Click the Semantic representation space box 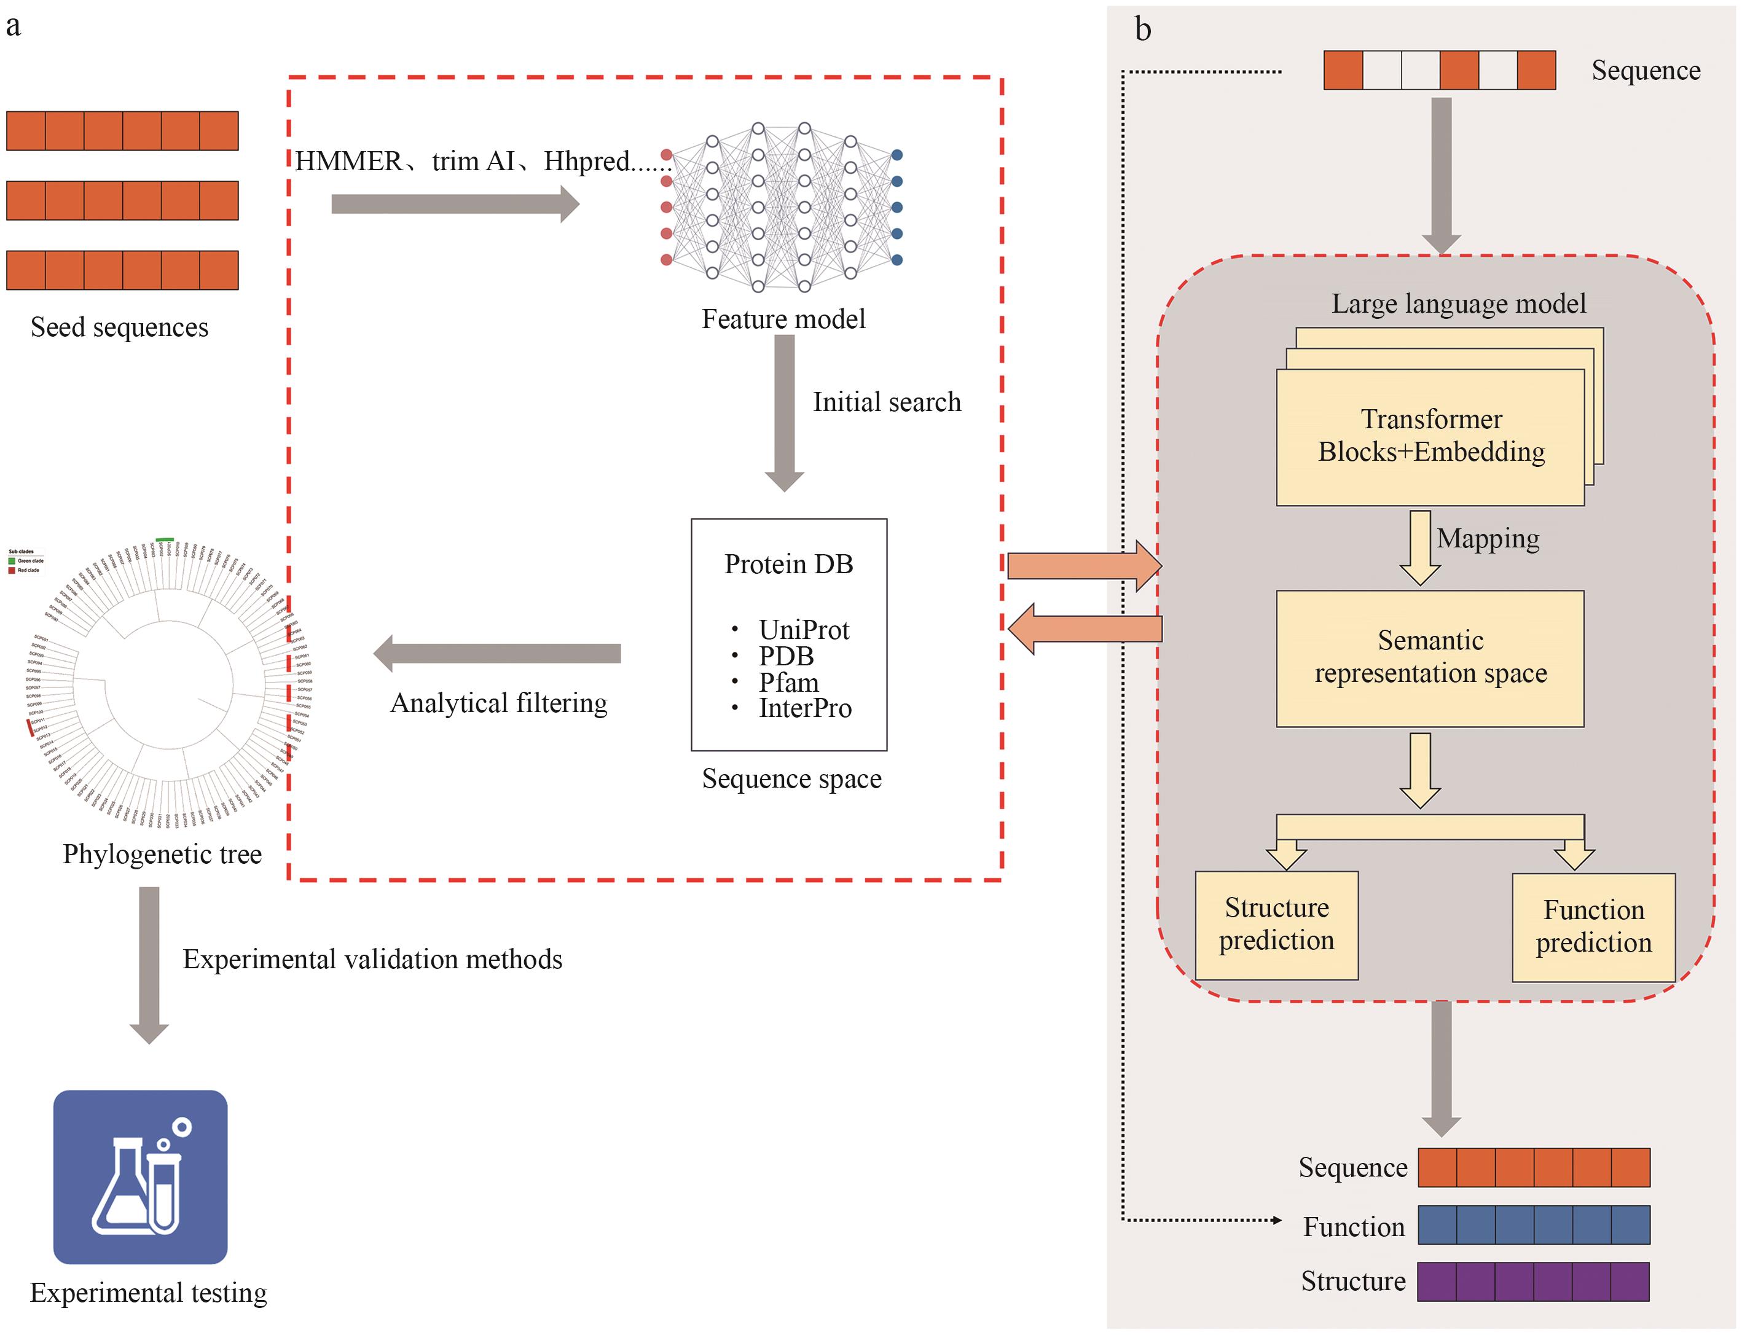click(x=1430, y=657)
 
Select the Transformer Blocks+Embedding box click(x=1430, y=436)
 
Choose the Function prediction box click(x=1593, y=926)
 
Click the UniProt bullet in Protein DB click(x=804, y=629)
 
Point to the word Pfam click(x=788, y=683)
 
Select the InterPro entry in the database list click(x=805, y=708)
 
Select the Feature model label click(x=783, y=319)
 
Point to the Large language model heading click(x=1458, y=303)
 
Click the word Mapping click(x=1488, y=539)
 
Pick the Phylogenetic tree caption click(x=162, y=854)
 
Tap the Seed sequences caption click(x=119, y=327)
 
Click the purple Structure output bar click(x=1533, y=1281)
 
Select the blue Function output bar click(x=1533, y=1224)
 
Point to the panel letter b click(x=1142, y=29)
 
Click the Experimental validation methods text click(x=372, y=959)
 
